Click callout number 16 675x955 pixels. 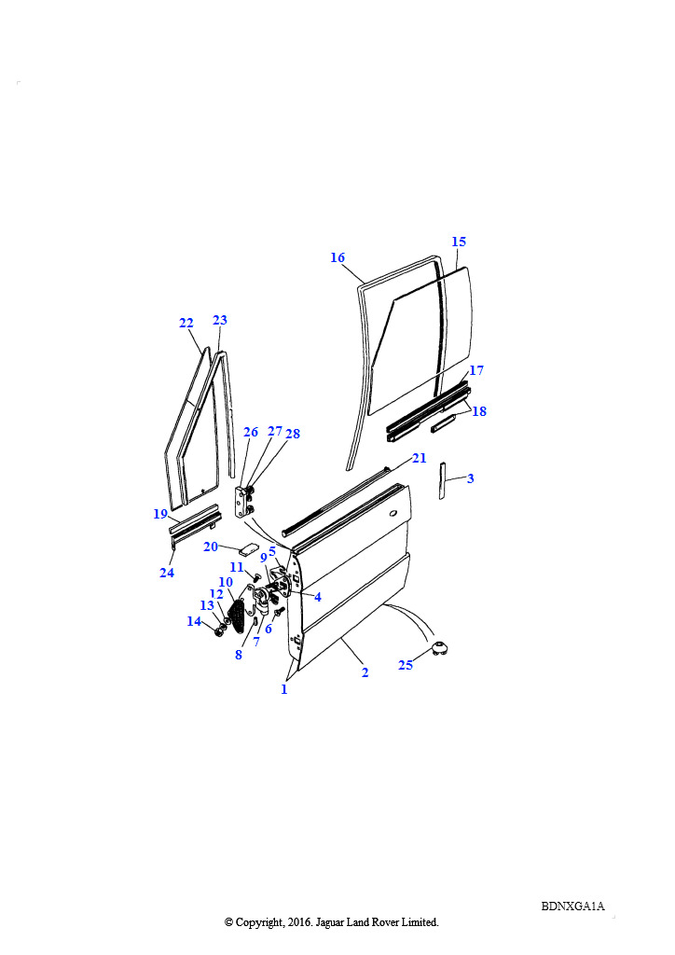337,257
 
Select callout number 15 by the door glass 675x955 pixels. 459,242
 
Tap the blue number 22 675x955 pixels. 186,323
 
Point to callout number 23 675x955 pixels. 220,320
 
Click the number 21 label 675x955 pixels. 420,458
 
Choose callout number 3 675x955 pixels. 471,478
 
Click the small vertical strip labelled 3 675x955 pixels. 443,480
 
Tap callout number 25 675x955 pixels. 406,665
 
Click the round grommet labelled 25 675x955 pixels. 439,649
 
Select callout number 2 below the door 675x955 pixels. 365,672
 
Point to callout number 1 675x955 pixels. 283,689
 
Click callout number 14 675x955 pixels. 194,621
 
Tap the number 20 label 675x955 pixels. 211,547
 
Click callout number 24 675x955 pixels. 167,573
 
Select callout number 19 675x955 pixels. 160,514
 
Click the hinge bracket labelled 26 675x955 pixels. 241,503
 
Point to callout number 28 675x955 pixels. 293,434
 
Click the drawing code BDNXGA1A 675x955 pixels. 572,907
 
